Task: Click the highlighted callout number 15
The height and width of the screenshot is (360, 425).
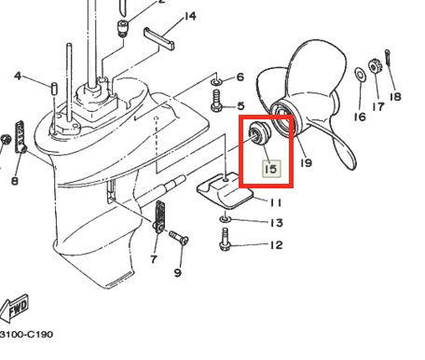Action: click(271, 169)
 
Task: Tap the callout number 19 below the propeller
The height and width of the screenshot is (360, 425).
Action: click(306, 162)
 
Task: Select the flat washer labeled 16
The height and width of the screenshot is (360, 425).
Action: click(360, 75)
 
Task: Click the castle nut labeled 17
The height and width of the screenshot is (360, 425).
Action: click(374, 66)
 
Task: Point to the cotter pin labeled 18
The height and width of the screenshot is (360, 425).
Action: click(388, 58)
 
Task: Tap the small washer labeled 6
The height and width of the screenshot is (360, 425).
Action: click(216, 82)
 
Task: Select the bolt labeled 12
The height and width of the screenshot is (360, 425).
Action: click(225, 240)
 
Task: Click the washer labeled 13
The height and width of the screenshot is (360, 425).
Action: click(225, 219)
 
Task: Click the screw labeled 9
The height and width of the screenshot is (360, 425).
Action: click(179, 238)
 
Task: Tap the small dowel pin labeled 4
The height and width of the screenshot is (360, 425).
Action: click(54, 89)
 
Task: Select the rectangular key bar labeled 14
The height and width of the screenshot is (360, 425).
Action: click(158, 38)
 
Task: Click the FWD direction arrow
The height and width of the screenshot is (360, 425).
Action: click(14, 309)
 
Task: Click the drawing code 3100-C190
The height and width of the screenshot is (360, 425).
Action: click(26, 335)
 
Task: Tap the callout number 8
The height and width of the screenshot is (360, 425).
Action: click(15, 180)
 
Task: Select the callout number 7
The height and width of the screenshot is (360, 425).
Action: click(154, 258)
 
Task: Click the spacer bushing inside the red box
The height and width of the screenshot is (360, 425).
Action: click(259, 132)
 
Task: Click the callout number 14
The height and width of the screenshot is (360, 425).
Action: click(190, 16)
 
